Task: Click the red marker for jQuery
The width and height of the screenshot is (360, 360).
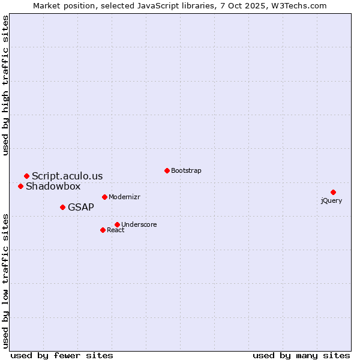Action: pos(333,192)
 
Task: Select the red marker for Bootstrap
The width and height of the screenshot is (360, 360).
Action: pos(167,170)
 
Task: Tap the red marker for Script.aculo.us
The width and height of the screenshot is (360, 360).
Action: pos(26,176)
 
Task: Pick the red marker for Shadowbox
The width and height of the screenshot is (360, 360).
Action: pos(20,186)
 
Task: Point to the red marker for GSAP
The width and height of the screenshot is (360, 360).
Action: pos(62,207)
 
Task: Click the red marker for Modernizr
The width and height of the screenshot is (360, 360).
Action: pos(104,197)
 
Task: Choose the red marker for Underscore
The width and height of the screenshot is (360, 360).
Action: pos(117,224)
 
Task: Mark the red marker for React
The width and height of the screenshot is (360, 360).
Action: pos(103,230)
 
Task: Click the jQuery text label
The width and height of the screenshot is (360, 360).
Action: pos(331,200)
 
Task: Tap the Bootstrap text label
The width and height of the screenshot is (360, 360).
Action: pos(186,170)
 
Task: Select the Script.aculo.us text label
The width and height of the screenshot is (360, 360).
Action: pos(67,176)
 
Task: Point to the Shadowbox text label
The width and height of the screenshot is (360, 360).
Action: pos(53,186)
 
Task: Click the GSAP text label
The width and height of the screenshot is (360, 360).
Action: pos(81,207)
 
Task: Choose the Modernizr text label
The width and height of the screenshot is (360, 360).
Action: pos(124,197)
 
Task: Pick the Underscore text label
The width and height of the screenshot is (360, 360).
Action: pos(139,224)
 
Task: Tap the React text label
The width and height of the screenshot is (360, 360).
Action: pos(116,230)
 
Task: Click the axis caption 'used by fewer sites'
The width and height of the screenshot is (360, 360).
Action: pos(62,355)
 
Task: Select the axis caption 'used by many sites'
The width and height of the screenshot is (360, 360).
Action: pos(301,355)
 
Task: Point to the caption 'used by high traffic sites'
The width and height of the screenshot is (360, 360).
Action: pos(5,85)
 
